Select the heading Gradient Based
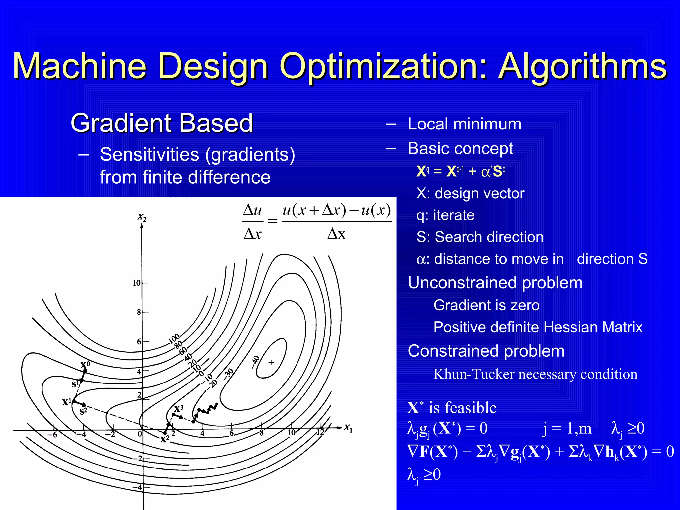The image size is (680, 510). click(162, 123)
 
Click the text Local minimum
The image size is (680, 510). click(464, 124)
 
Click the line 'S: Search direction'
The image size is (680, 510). click(479, 237)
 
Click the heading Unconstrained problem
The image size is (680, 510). click(495, 283)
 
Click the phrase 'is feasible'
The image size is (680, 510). click(462, 408)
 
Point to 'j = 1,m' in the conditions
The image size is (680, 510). click(566, 428)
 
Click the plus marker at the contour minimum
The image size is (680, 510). click(271, 362)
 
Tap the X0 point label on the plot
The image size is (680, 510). click(85, 365)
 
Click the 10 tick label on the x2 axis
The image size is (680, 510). click(136, 283)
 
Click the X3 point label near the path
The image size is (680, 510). click(179, 408)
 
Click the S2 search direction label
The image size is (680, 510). click(83, 411)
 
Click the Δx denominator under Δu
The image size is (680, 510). click(252, 234)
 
